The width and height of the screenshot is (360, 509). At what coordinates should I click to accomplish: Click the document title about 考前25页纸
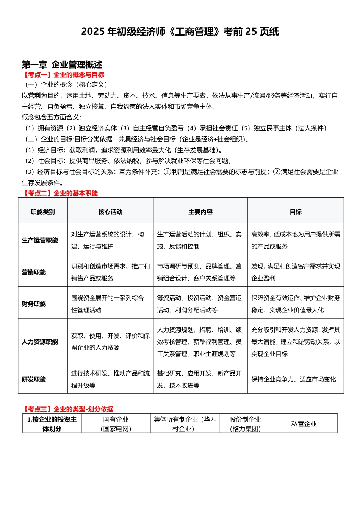pyautogui.click(x=180, y=31)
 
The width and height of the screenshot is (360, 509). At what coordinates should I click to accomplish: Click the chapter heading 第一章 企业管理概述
pyautogui.click(x=62, y=64)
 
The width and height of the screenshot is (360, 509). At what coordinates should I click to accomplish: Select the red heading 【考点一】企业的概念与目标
pyautogui.click(x=63, y=75)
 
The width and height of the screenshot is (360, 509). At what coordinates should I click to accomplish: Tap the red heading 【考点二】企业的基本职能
pyautogui.click(x=60, y=193)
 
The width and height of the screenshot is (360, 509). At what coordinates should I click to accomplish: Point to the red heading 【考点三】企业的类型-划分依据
pyautogui.click(x=68, y=409)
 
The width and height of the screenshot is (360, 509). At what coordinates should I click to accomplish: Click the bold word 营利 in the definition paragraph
pyautogui.click(x=34, y=96)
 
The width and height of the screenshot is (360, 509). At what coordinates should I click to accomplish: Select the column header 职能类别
pyautogui.click(x=42, y=212)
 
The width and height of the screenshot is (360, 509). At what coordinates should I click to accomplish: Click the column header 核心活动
pyautogui.click(x=110, y=212)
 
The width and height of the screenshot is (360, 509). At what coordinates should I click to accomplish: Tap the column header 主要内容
pyautogui.click(x=200, y=212)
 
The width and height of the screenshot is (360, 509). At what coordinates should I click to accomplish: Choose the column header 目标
pyautogui.click(x=296, y=212)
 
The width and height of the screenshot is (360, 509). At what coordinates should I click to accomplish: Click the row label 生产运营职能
pyautogui.click(x=40, y=240)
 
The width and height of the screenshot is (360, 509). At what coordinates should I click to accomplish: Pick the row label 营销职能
pyautogui.click(x=34, y=272)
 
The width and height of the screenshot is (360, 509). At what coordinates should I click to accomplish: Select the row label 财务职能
pyautogui.click(x=34, y=304)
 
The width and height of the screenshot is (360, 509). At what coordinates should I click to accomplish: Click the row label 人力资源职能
pyautogui.click(x=40, y=342)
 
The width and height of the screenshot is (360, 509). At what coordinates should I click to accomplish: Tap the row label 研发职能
pyautogui.click(x=34, y=379)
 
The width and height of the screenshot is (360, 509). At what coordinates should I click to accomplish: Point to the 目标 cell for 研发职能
pyautogui.click(x=294, y=379)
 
